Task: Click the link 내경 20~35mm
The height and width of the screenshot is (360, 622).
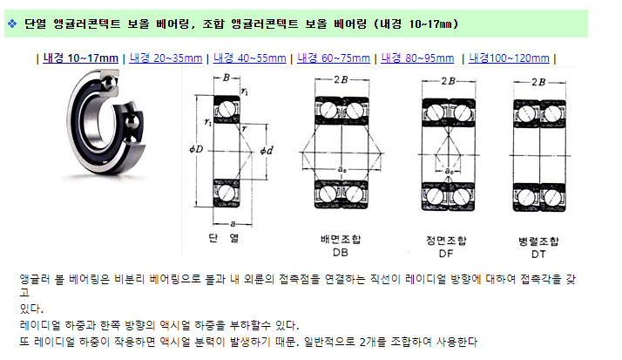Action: tap(166, 58)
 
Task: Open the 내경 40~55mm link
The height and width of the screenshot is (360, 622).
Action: tap(249, 58)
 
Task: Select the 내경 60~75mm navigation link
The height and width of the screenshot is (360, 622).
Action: tap(334, 58)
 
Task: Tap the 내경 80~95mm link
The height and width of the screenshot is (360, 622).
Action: tap(417, 58)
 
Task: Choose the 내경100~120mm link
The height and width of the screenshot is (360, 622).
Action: tap(509, 58)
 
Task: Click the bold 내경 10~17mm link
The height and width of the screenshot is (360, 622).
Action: tap(80, 58)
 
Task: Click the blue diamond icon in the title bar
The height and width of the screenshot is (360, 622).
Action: tap(12, 24)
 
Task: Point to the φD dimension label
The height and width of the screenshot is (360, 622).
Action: tap(196, 149)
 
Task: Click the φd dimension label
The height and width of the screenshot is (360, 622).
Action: tap(267, 151)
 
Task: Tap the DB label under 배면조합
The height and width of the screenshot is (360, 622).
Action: tap(341, 253)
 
